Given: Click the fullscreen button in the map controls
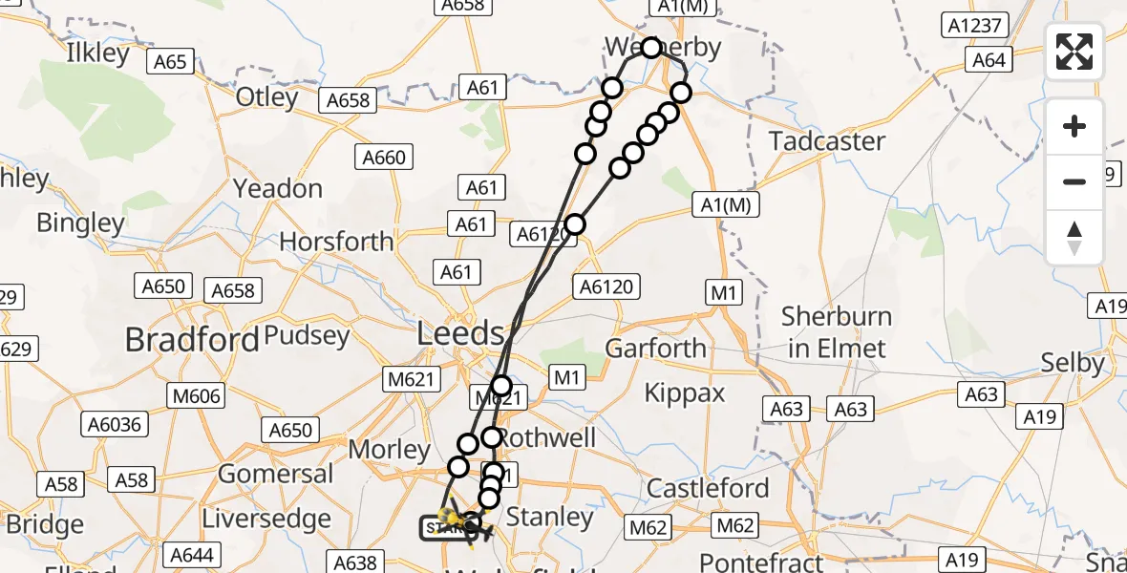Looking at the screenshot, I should [x=1074, y=52].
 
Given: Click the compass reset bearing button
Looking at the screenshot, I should [x=1074, y=237].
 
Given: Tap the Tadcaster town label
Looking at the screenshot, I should [x=827, y=141].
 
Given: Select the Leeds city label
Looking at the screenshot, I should [x=461, y=334].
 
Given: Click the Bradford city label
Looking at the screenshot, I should [x=192, y=340].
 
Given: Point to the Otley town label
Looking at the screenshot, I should [x=267, y=97].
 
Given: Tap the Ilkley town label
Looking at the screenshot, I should [x=97, y=53].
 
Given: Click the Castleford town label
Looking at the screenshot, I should [x=708, y=489].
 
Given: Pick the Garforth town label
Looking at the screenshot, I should [x=656, y=349].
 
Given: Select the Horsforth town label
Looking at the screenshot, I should [x=337, y=241].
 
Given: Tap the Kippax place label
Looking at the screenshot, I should [x=685, y=393].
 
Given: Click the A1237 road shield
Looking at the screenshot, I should [x=976, y=26].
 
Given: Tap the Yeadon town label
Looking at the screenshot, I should [x=278, y=189].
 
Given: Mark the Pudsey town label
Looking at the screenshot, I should [x=307, y=336].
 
